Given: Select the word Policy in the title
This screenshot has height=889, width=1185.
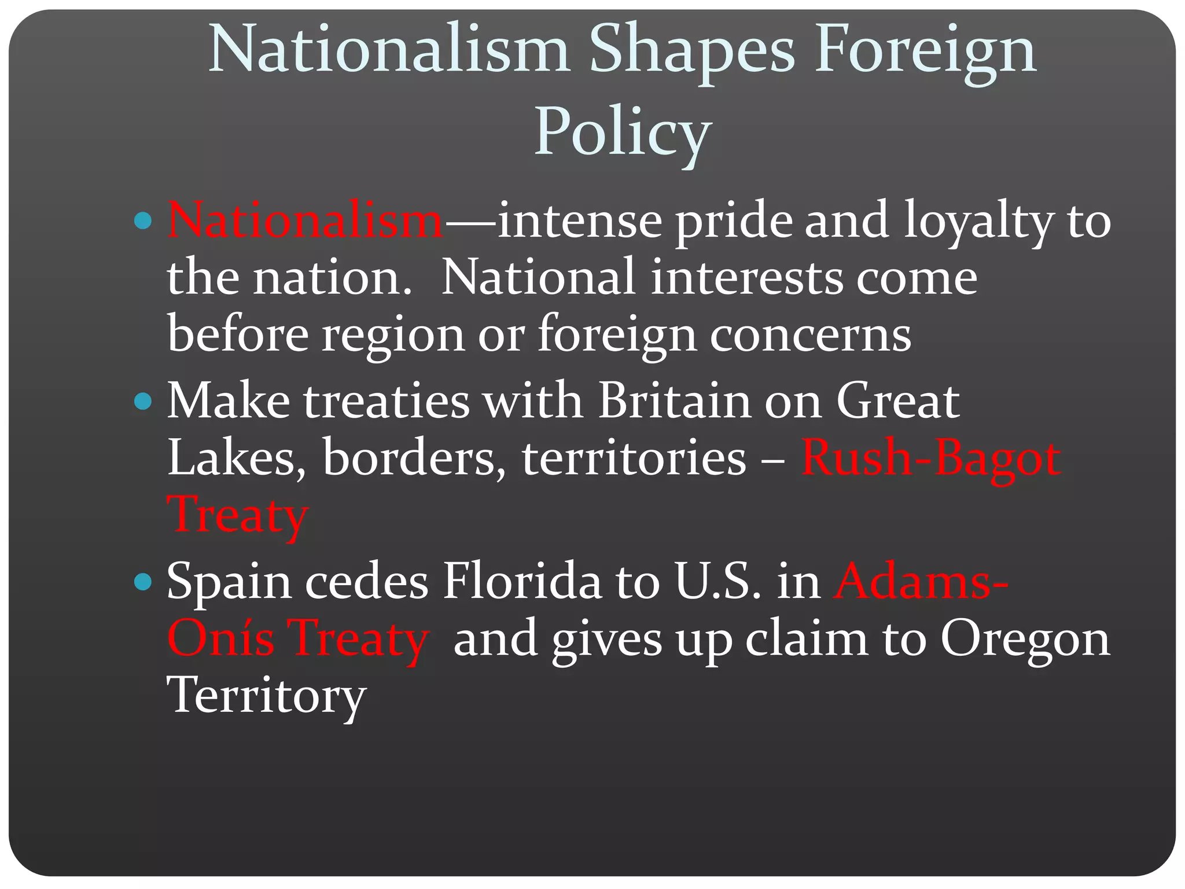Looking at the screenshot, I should pyautogui.click(x=622, y=133).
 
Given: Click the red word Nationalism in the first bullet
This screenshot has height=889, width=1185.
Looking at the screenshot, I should pyautogui.click(x=305, y=221).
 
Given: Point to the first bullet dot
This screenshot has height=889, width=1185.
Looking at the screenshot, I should pyautogui.click(x=142, y=221).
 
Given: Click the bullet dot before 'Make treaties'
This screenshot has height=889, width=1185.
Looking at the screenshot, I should pyautogui.click(x=142, y=401).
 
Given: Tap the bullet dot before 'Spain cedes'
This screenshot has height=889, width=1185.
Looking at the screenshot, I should pyautogui.click(x=142, y=582).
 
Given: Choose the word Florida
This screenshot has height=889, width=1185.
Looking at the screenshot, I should pyautogui.click(x=522, y=582).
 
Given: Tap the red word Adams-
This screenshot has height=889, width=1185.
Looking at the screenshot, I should pyautogui.click(x=921, y=582).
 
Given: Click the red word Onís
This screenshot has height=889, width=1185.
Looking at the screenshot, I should pyautogui.click(x=220, y=639).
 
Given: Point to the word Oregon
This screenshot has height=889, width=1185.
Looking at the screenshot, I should pyautogui.click(x=1025, y=639).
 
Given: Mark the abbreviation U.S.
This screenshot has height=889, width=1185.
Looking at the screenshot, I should pyautogui.click(x=717, y=582).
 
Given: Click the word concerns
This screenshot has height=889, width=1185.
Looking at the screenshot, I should pyautogui.click(x=810, y=335).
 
